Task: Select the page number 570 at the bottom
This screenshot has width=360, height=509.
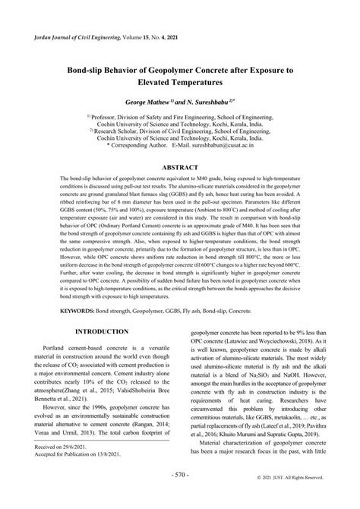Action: coord(179,495)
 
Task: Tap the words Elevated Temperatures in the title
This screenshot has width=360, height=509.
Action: coord(180,80)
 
